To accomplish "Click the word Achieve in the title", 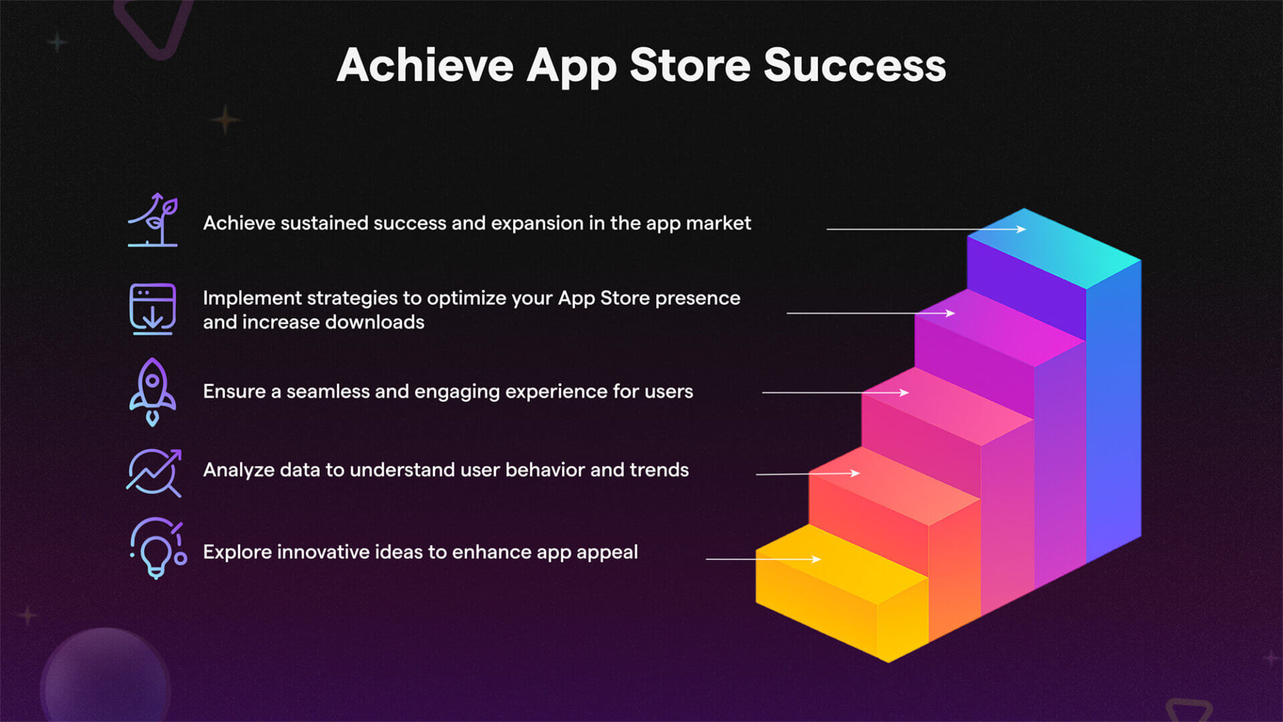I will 425,66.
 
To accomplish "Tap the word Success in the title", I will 855,66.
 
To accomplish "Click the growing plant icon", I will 154,220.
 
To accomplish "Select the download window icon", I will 152,309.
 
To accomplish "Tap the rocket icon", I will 152,392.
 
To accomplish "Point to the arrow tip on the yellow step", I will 819,559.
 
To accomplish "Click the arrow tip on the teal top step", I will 1024,229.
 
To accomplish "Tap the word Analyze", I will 239,470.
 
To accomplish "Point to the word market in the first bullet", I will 718,223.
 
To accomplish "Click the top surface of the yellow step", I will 842,565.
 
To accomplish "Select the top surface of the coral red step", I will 895,487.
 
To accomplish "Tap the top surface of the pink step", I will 949,406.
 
